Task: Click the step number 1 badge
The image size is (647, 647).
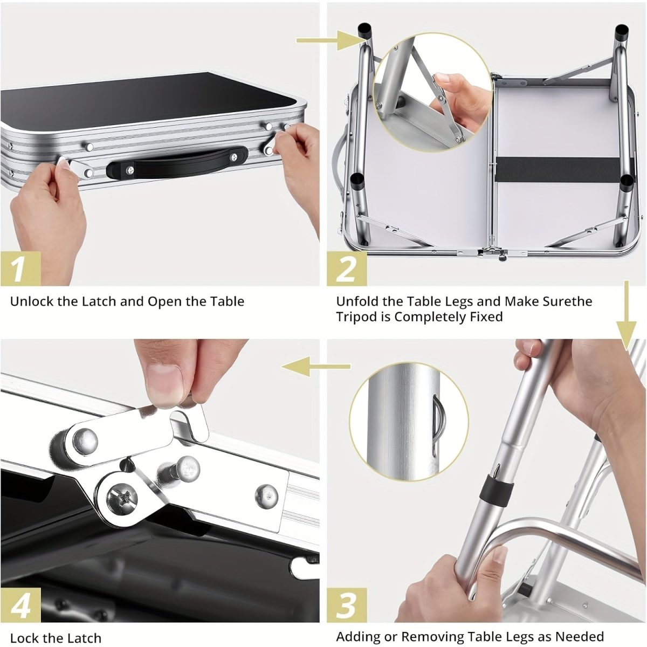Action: point(20,268)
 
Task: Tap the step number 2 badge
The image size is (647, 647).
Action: point(347,268)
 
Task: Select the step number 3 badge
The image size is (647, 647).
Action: point(347,605)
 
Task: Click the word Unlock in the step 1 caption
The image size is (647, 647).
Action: point(32,301)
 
